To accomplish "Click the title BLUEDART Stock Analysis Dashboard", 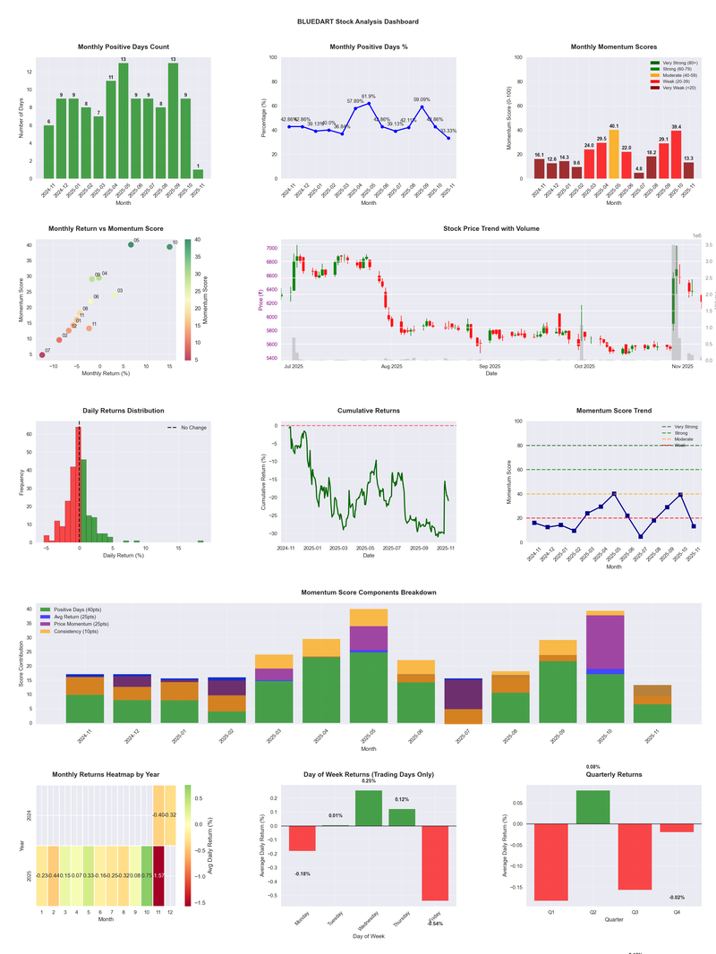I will click(x=358, y=21).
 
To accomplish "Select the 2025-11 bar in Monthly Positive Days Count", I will click(x=198, y=174).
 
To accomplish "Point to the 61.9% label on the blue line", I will click(x=369, y=96).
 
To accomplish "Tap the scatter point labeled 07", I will click(x=42, y=355).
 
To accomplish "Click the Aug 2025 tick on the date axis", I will click(x=391, y=366).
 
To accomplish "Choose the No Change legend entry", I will click(x=188, y=428).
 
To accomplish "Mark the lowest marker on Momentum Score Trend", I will click(x=641, y=537).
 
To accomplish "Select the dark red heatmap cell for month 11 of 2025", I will click(x=159, y=875).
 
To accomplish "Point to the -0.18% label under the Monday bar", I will click(x=302, y=873).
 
